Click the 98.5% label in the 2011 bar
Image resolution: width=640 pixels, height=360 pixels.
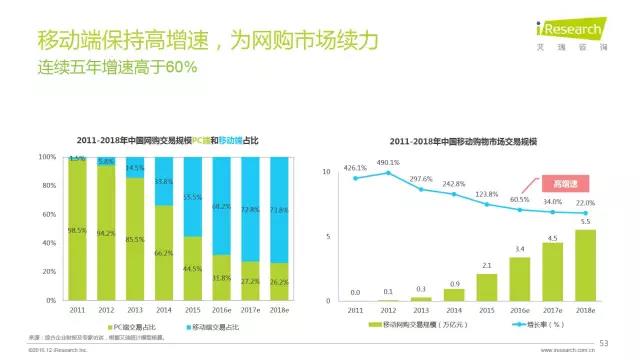78,230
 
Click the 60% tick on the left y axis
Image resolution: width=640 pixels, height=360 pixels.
48,214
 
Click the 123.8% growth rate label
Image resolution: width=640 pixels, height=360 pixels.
486,194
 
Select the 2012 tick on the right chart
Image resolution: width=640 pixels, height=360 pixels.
387,311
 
